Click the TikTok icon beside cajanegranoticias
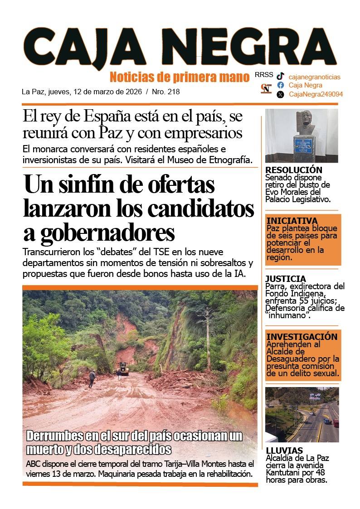[281, 77]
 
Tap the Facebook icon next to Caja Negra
[281, 85]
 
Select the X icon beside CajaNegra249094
[281, 94]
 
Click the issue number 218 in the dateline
[173, 92]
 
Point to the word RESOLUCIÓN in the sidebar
[294, 170]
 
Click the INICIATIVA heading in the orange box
[292, 221]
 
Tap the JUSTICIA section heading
[286, 279]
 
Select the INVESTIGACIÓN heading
[302, 337]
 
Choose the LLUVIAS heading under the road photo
[284, 451]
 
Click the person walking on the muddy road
[92, 378]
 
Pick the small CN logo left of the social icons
[266, 88]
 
